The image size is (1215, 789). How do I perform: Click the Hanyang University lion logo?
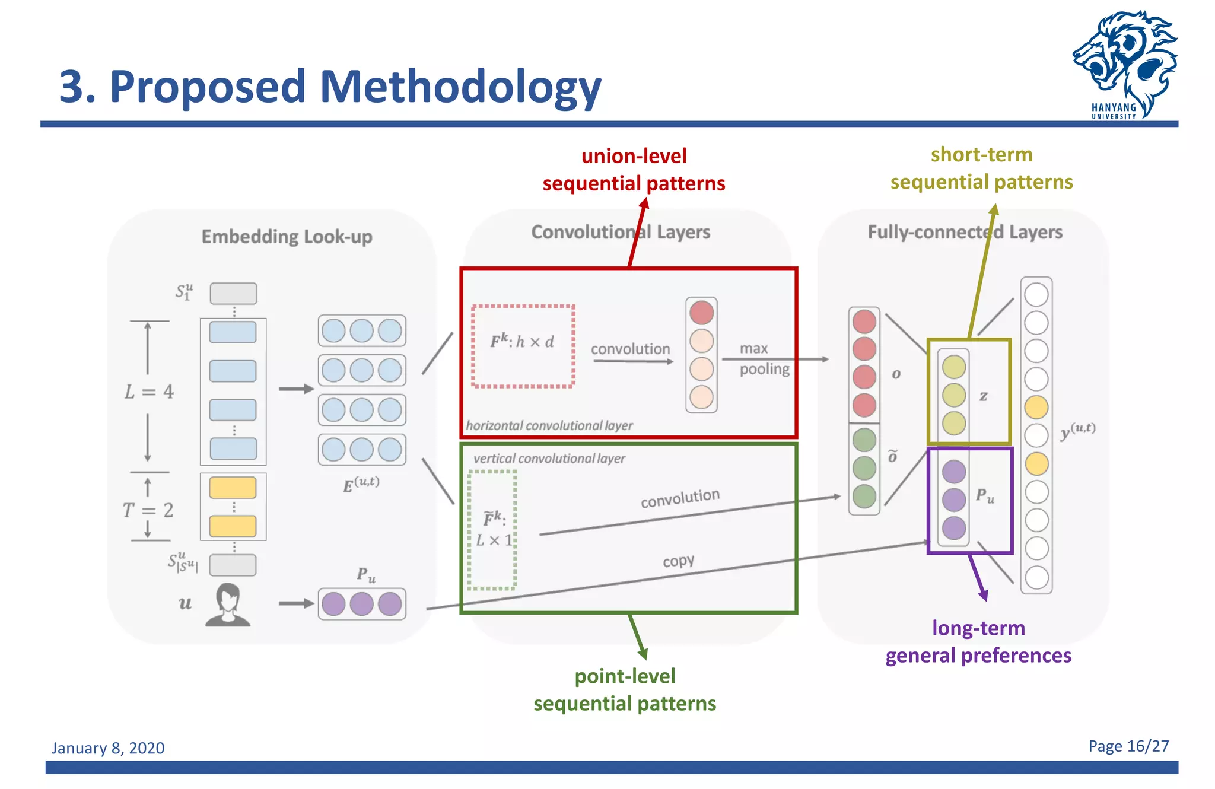pos(1124,62)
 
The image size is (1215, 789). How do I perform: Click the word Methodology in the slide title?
pos(460,87)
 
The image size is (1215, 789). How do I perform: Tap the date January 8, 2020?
pos(108,747)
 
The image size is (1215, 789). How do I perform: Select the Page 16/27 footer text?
pos(1128,746)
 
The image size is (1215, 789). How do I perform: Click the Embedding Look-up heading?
pos(287,237)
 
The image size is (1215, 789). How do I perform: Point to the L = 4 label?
pos(149,392)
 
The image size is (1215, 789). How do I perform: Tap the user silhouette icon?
pos(228,605)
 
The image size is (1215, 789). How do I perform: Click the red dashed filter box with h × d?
pos(523,346)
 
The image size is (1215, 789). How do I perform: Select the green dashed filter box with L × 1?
pos(492,530)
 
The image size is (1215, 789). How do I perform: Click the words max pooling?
pos(764,358)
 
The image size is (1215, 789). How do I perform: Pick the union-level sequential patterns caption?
pos(634,170)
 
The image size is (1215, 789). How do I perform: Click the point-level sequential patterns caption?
pos(625,689)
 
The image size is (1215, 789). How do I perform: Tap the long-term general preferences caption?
pos(978,641)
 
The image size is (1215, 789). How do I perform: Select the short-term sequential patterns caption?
pos(981,168)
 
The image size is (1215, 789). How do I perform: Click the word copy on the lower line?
pos(678,561)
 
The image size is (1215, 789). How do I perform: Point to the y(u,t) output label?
pos(1077,431)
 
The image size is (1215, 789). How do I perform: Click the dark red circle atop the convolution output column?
pos(701,313)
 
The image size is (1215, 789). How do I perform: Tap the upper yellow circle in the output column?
pos(1036,407)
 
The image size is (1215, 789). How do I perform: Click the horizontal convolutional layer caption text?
pos(549,425)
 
